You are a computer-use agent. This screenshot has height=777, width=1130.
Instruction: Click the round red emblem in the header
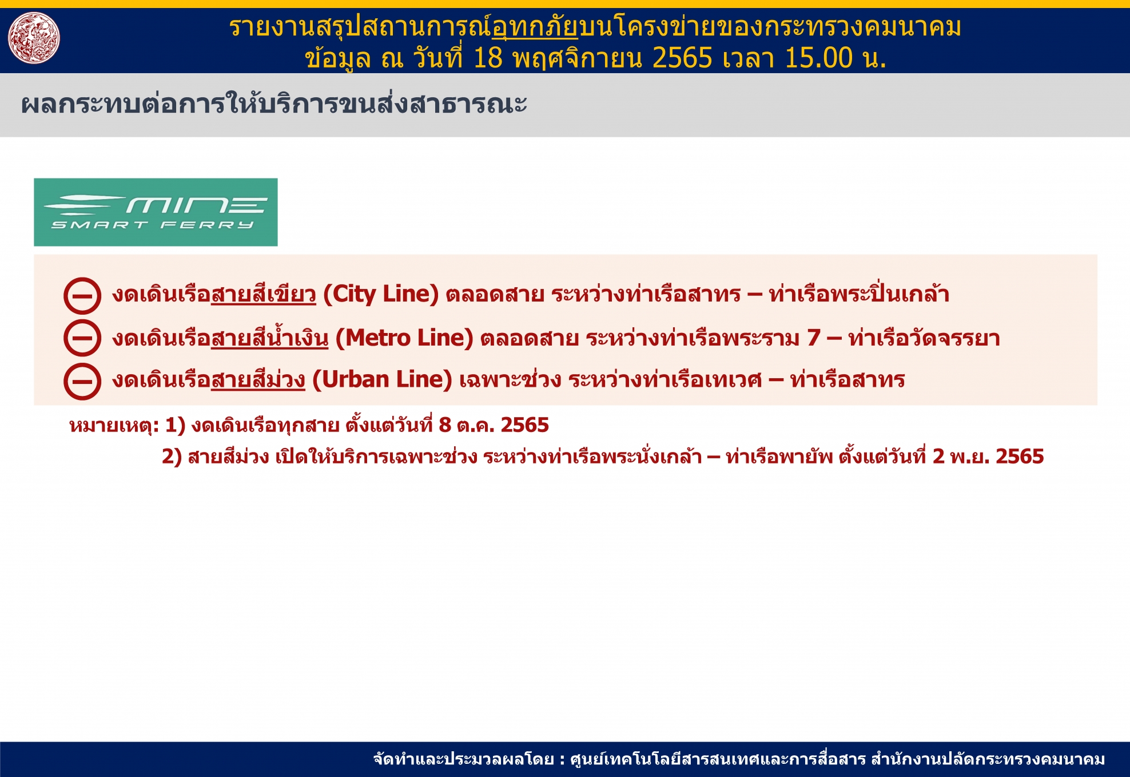click(34, 38)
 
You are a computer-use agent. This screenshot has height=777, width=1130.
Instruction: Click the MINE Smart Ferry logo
click(156, 212)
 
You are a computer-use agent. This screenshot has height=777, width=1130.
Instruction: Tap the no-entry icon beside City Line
click(82, 296)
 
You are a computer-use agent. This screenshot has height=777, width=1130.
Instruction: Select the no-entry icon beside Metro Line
click(82, 338)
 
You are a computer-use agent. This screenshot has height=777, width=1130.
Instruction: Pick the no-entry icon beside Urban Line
click(82, 381)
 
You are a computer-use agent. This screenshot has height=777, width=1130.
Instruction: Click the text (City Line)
click(381, 294)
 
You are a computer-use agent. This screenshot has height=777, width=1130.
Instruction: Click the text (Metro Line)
click(404, 338)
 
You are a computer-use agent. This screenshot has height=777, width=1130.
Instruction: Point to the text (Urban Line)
click(383, 380)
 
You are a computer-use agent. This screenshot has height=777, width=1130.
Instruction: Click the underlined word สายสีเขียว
click(263, 294)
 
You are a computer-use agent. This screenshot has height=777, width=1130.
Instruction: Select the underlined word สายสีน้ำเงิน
click(270, 338)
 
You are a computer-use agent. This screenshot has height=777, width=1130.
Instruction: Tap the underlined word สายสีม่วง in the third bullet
click(258, 380)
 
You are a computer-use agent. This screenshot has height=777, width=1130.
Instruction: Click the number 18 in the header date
click(488, 58)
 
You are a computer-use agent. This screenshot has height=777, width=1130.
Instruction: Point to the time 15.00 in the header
click(818, 58)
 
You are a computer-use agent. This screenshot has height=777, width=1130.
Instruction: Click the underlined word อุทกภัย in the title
click(535, 27)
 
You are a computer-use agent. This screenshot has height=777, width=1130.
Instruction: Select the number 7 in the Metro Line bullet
click(814, 338)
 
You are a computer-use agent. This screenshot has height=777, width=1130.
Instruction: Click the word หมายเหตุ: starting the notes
click(114, 426)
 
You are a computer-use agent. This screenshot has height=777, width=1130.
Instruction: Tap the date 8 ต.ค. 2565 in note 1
click(494, 425)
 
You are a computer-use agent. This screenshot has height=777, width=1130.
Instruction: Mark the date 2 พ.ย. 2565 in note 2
click(988, 457)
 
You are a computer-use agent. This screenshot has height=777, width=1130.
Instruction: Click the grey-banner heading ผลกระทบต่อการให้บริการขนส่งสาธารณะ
click(274, 104)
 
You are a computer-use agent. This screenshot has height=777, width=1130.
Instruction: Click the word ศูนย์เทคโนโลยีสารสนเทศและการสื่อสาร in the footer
click(718, 759)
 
